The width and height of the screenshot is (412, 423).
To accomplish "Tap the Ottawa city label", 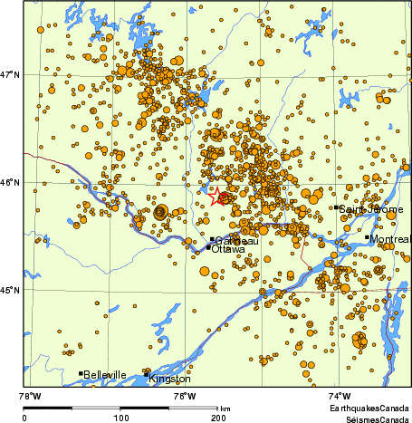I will point(227,248).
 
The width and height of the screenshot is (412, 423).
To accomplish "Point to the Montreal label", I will point(392,239).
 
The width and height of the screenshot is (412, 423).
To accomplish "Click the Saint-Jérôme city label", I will point(365,208).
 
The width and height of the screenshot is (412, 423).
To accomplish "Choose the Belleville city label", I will point(105,373).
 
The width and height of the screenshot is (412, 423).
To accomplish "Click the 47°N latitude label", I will point(11,74).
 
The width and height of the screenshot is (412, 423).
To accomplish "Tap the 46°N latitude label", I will point(11,182).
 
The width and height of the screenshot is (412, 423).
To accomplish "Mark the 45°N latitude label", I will point(11,290).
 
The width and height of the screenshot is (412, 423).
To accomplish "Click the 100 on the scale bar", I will point(120,418).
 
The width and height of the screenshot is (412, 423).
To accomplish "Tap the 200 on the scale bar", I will point(217,418).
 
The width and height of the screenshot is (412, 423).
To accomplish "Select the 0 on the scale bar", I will point(24,418).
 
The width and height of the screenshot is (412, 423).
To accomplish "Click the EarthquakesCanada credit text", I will point(369,409).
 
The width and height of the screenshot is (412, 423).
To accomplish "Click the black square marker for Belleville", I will point(81,373).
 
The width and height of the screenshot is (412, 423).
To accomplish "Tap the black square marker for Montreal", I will point(370,239).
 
